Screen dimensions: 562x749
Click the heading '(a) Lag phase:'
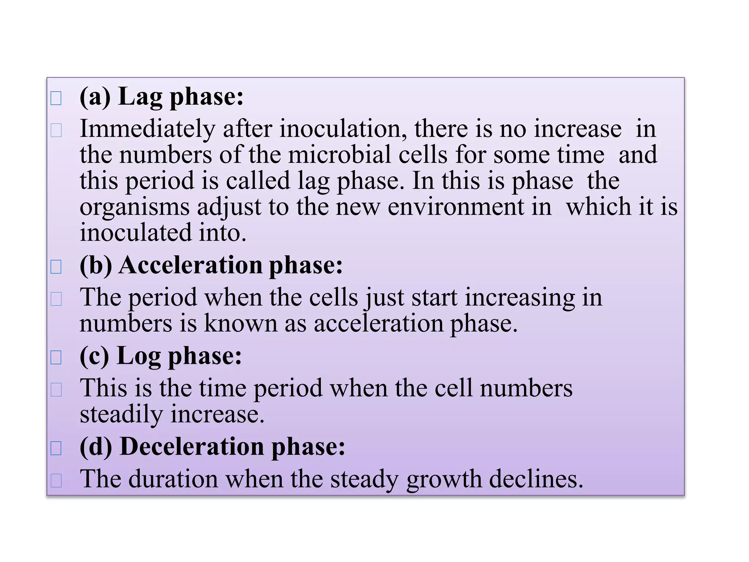[x=161, y=97]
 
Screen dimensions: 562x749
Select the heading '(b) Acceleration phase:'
[x=211, y=265]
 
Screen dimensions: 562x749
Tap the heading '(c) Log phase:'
[x=161, y=356]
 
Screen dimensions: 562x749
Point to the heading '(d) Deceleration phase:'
[x=212, y=447]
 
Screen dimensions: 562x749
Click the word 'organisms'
[x=135, y=207]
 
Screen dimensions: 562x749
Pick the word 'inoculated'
[x=135, y=233]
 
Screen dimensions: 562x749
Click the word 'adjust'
[x=229, y=207]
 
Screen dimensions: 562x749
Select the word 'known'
[x=241, y=323]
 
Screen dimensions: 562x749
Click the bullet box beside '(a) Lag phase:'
[x=56, y=98]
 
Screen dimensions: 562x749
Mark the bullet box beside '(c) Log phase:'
[x=56, y=357]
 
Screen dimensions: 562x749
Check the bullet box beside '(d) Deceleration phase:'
[x=56, y=448]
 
